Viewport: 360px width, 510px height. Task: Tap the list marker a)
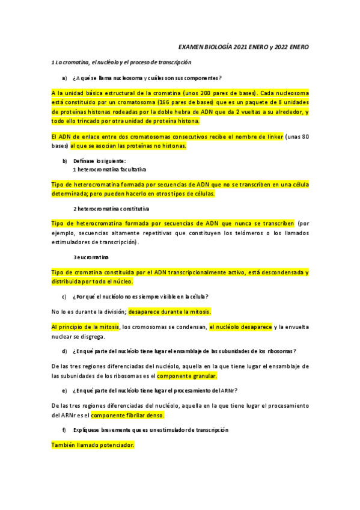64,78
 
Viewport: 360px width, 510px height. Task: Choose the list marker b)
64,161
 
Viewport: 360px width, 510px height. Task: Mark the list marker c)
64,296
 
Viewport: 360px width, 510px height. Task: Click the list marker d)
64,351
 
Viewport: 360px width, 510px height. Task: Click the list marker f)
64,430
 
